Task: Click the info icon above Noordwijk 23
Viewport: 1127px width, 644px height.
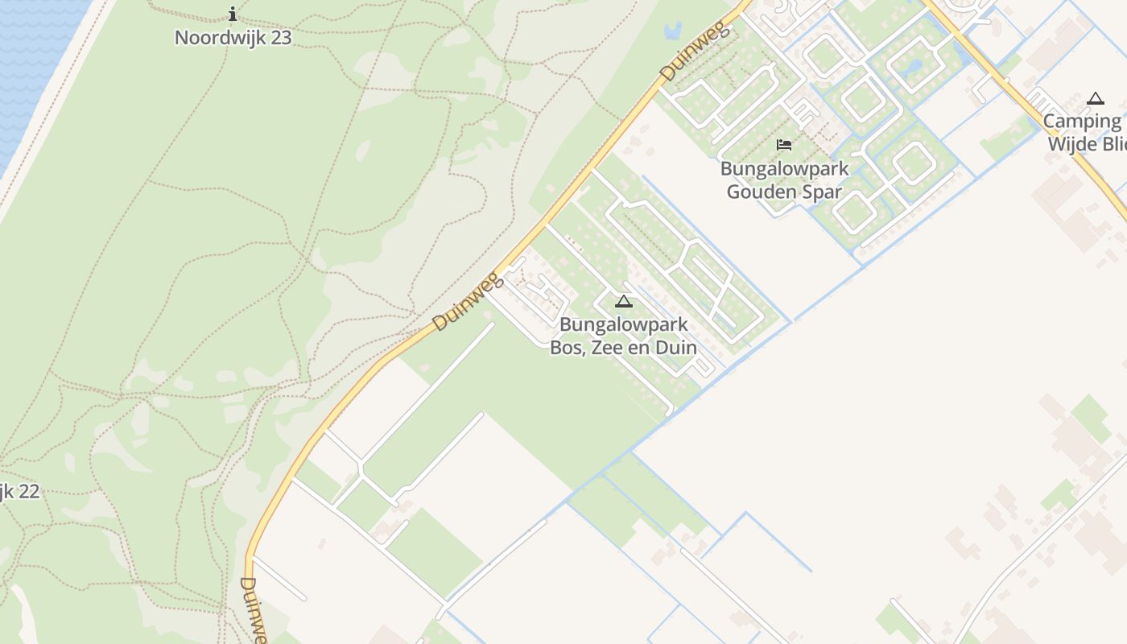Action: click(x=233, y=14)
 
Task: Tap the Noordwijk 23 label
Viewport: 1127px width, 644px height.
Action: click(x=233, y=38)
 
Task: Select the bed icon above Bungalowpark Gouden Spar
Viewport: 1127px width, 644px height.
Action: click(x=784, y=145)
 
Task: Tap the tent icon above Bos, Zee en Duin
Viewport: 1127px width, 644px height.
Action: click(x=624, y=302)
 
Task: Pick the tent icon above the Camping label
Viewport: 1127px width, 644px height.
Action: click(x=1095, y=99)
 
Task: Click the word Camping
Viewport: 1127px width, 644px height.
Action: click(x=1083, y=122)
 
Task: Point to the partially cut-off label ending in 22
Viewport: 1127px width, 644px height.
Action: click(x=19, y=491)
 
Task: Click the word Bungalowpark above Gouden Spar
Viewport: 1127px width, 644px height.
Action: click(x=784, y=169)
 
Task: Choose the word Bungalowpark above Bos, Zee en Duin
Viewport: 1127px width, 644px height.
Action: click(x=624, y=325)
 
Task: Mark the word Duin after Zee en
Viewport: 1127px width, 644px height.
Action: click(x=676, y=348)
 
